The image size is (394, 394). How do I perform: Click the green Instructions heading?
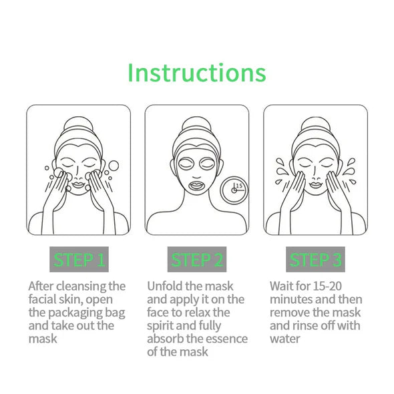[196, 71]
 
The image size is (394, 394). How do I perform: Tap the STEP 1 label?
[79, 259]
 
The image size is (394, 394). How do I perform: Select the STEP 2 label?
[197, 259]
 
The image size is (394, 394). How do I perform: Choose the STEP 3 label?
[315, 259]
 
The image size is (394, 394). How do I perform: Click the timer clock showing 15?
[234, 189]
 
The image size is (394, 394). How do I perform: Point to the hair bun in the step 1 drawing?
[79, 124]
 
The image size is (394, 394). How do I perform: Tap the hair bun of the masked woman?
[196, 124]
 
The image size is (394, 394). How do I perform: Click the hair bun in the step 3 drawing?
[315, 124]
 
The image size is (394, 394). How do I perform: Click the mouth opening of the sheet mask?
[197, 182]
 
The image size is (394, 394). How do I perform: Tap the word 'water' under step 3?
[286, 339]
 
